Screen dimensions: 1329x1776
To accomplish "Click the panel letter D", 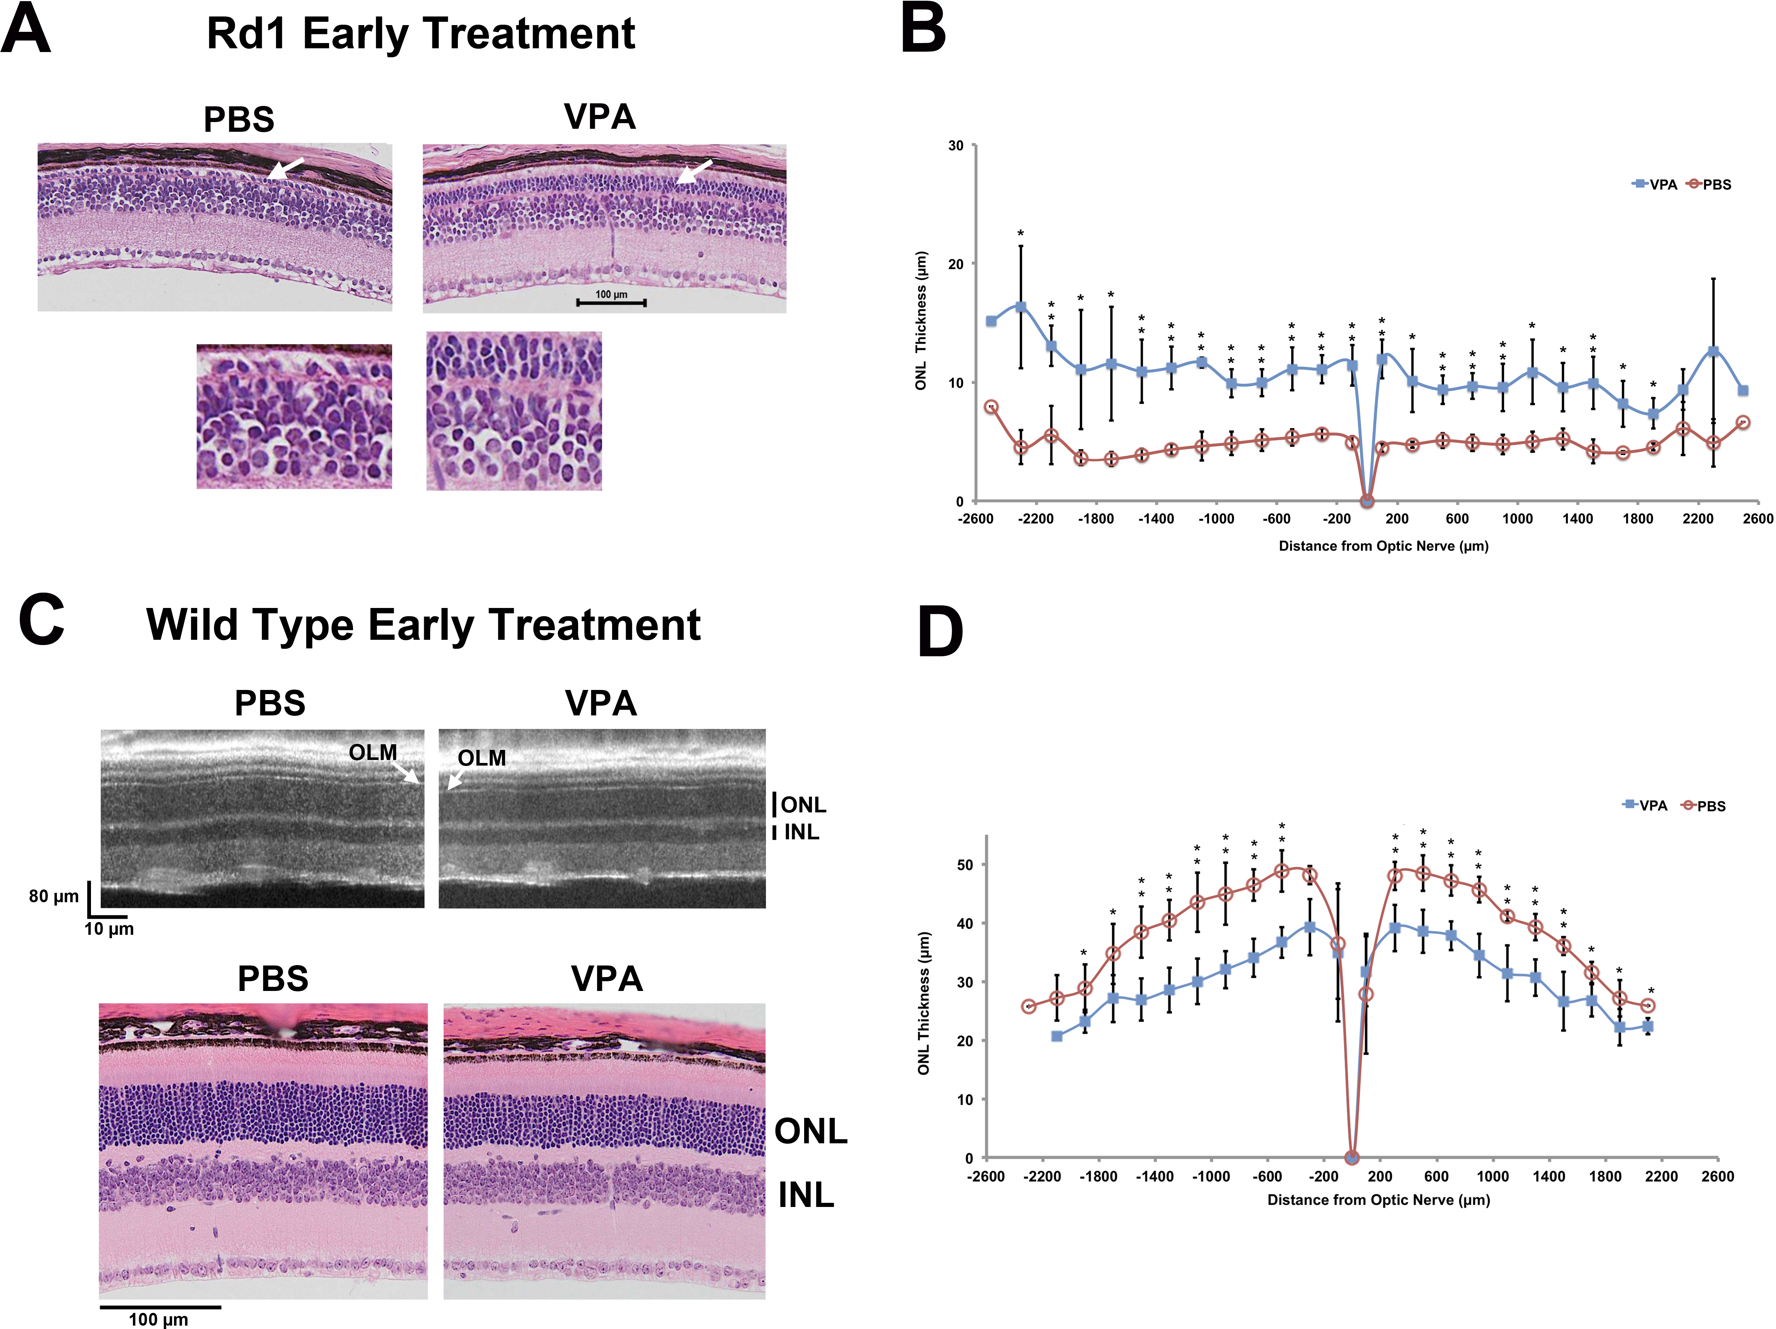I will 939,633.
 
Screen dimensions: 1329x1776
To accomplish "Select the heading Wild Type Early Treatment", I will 423,625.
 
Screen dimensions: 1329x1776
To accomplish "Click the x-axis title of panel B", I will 1383,546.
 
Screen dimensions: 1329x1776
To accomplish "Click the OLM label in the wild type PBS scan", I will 372,752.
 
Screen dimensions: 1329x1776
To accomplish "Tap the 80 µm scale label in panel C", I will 54,896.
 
